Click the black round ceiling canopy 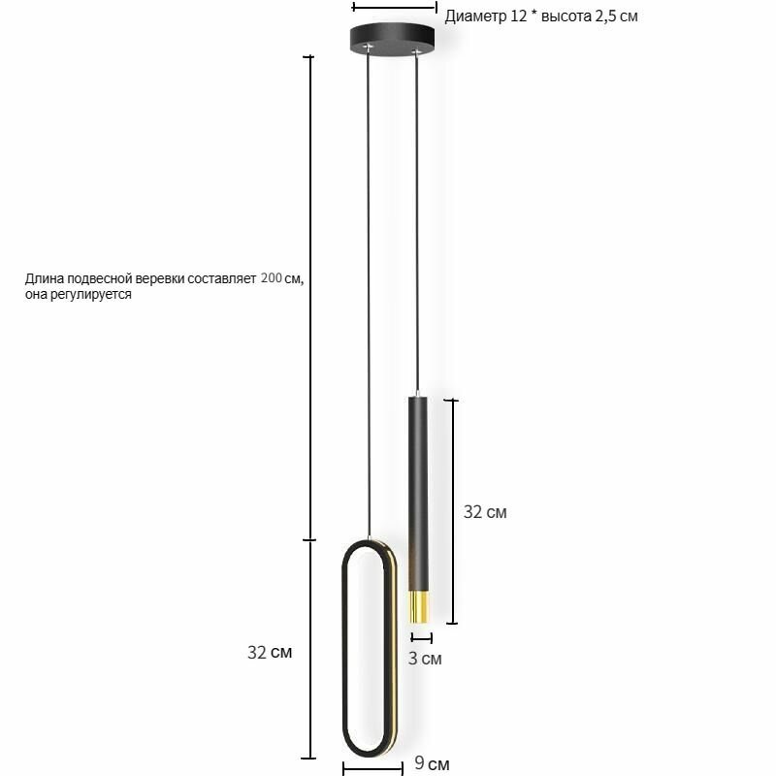pos(392,39)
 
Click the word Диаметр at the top pos(476,16)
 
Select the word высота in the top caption pos(566,16)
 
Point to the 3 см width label pos(425,659)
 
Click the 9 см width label pos(432,763)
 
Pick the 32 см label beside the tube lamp pos(485,512)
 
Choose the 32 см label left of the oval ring pos(270,652)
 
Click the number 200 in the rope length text pos(272,277)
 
